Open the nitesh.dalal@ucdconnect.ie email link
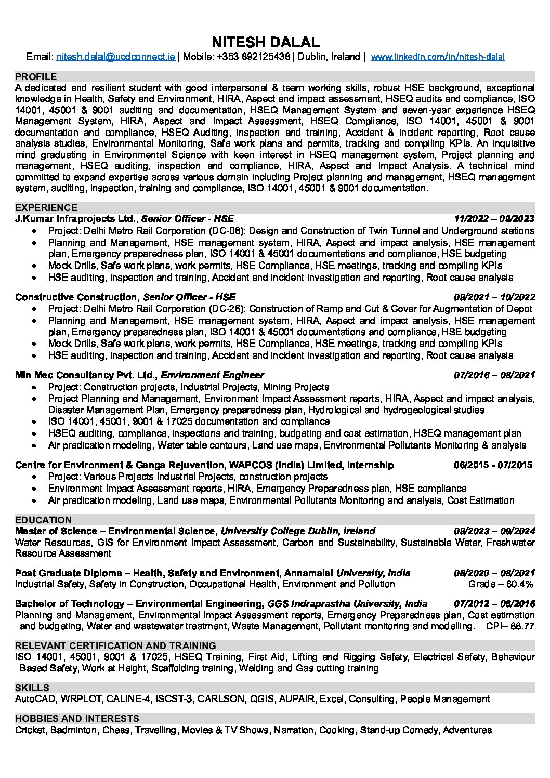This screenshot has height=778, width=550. (x=115, y=57)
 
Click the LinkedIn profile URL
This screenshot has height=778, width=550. (x=438, y=57)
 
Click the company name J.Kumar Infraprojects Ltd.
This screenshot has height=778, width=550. (x=76, y=219)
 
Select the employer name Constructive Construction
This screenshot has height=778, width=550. (x=76, y=297)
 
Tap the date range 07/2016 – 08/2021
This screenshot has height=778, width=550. (x=494, y=375)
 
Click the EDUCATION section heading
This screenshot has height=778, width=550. (x=43, y=520)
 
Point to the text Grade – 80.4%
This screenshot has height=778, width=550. (x=501, y=584)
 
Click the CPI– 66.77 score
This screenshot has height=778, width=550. (x=510, y=626)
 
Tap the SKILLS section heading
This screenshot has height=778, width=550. (x=32, y=688)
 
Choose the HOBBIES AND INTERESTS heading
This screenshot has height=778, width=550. (x=77, y=718)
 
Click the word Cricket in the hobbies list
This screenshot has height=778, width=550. (x=31, y=730)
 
